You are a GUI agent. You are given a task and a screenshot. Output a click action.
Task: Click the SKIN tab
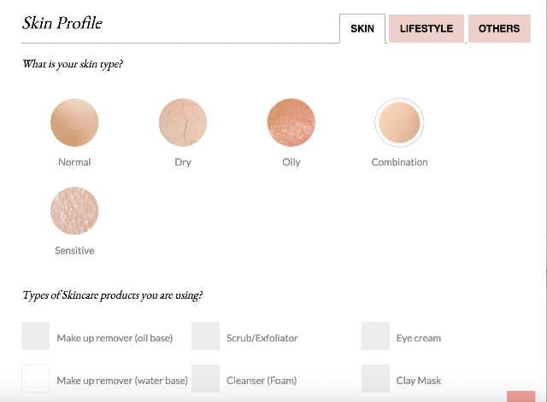362,28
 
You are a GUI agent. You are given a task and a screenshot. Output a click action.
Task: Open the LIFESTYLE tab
426,28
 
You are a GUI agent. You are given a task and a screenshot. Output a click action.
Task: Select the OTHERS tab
499,28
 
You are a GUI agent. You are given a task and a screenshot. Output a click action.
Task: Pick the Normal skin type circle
74,122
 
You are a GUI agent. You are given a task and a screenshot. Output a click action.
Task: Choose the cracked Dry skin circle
183,122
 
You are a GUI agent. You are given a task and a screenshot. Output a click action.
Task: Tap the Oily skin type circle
291,122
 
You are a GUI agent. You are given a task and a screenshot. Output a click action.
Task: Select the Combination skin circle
399,122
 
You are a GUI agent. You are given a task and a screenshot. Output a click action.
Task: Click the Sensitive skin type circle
74,211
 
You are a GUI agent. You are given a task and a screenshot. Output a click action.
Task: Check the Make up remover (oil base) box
35,335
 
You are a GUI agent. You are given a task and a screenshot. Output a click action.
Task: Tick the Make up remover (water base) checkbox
35,379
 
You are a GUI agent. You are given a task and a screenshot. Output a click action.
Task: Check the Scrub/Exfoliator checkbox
205,335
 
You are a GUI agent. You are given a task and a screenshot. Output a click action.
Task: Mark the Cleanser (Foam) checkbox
205,379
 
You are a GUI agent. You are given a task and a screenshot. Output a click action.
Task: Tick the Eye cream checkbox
375,335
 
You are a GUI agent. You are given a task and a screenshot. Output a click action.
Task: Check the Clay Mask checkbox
375,379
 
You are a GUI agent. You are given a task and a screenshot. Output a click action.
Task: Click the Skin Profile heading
62,23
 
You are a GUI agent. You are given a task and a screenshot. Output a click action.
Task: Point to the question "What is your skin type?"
73,64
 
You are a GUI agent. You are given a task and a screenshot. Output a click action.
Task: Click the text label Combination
399,162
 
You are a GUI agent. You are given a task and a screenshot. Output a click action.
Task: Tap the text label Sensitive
74,250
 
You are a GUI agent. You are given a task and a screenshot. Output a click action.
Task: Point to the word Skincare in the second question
79,295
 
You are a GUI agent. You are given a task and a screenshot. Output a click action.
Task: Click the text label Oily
291,162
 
